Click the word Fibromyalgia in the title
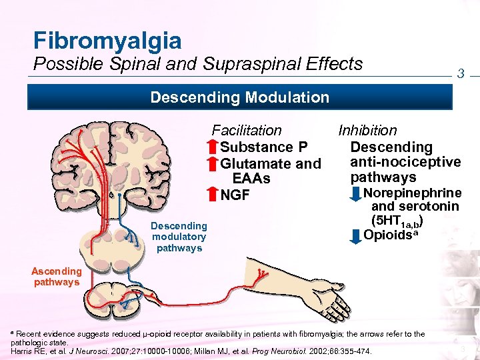(107, 41)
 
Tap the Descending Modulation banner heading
(239, 97)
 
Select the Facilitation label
(247, 131)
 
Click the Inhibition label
(367, 131)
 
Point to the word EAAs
(251, 179)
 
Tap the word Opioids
(389, 235)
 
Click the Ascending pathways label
(57, 277)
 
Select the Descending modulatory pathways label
(179, 237)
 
